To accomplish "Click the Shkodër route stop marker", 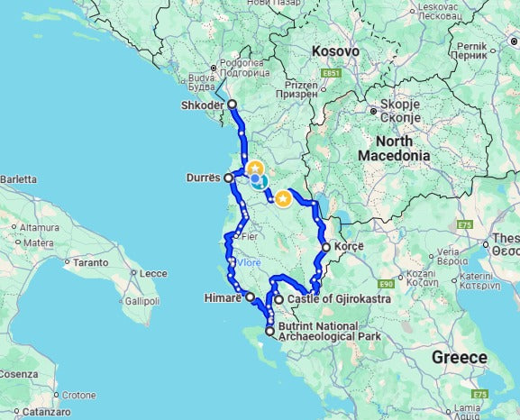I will point(232,105).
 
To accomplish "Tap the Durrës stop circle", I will point(229,178).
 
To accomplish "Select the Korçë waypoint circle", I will point(325,247).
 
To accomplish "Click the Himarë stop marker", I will point(251,296).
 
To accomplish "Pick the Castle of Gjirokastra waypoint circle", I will point(279,299).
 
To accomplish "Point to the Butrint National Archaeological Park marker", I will point(269,332).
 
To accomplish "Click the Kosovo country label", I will point(335,51).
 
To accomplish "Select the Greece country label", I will point(459,358).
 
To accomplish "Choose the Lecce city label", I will point(153,273).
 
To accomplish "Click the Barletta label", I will point(18,179).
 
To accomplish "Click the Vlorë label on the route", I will point(248,263).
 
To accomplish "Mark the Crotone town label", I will point(79,395).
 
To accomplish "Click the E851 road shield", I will point(331,72).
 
